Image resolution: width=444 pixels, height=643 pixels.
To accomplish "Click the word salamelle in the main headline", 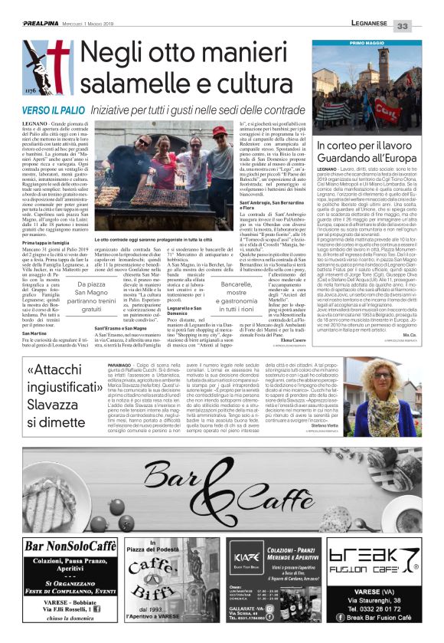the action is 139,80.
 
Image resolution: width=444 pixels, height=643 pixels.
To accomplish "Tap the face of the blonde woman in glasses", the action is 382,375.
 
